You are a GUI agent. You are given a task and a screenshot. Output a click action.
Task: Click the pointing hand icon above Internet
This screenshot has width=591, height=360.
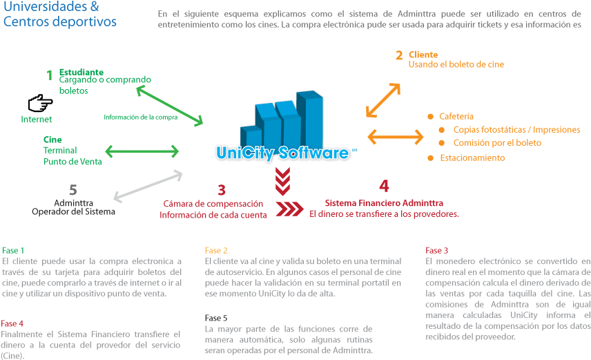pos(40,103)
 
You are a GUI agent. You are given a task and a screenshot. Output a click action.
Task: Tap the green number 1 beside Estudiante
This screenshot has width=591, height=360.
pos(50,75)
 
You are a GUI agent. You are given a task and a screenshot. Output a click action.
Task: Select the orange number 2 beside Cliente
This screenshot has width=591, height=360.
pos(399,55)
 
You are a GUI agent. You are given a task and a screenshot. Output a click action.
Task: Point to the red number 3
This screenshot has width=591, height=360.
pos(222,190)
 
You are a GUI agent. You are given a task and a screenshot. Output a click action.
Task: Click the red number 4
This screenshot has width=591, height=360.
pos(384,186)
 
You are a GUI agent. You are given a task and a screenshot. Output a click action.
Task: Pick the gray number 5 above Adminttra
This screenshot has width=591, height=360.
pos(73,189)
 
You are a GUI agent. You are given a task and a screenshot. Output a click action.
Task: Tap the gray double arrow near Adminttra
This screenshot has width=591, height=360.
pos(148,185)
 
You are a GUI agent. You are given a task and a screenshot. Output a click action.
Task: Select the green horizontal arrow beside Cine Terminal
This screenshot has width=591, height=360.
pos(142,151)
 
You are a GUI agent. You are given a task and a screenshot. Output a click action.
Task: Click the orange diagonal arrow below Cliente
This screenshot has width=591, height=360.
pos(383,100)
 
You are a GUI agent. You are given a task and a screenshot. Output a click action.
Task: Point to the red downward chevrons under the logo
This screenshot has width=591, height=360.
pos(282,181)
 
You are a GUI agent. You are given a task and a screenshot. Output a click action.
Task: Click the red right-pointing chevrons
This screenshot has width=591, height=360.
pos(289,209)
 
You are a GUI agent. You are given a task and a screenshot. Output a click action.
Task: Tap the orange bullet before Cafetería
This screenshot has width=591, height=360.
pos(430,117)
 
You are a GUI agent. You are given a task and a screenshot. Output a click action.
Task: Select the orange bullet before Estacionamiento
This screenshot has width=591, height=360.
pos(430,158)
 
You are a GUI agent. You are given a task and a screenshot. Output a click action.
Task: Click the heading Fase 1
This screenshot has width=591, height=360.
pos(13,251)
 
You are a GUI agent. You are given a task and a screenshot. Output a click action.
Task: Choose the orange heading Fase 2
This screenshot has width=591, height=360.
pos(216,251)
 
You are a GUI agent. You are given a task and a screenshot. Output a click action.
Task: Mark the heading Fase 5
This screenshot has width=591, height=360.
pos(216,318)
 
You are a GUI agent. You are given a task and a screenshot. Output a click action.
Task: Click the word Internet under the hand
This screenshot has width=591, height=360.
pos(36,120)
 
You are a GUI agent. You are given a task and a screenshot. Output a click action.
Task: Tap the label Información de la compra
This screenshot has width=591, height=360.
pos(141,117)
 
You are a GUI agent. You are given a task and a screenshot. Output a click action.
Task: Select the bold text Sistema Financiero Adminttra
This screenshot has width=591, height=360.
pos(384,203)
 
